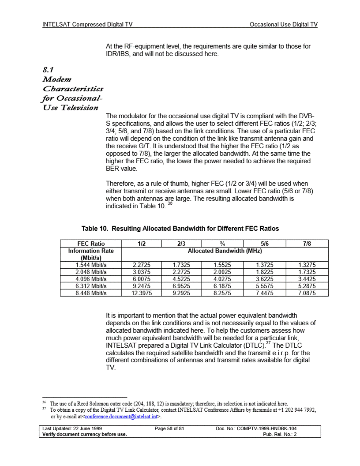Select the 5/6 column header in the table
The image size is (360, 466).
pos(262,243)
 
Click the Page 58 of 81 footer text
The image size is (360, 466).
pos(169,428)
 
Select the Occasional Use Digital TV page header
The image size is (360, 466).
pos(283,25)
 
